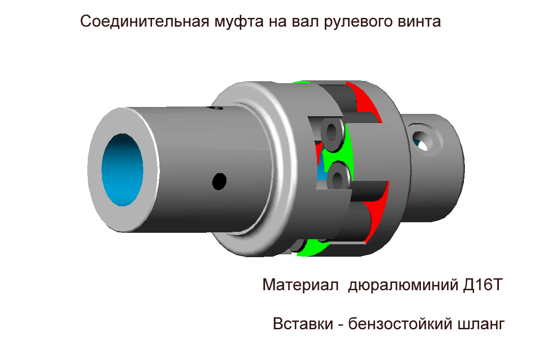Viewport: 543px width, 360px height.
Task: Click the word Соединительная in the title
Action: (145, 21)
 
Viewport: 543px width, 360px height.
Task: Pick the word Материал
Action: (300, 285)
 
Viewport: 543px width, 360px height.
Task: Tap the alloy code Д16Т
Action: (482, 285)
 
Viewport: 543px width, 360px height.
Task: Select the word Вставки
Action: (303, 324)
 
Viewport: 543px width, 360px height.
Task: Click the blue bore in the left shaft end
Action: (122, 169)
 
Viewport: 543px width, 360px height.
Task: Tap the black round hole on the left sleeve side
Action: (219, 181)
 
